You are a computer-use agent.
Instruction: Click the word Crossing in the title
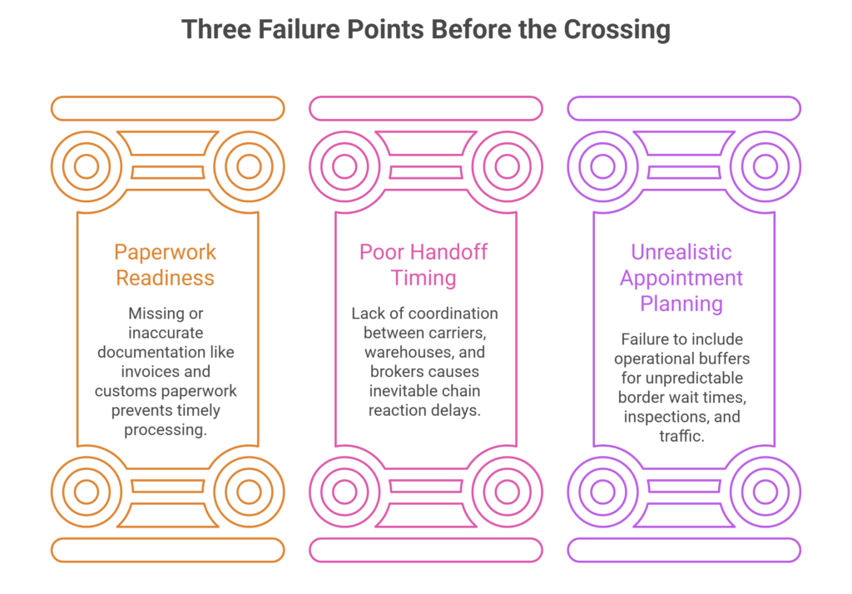(617, 30)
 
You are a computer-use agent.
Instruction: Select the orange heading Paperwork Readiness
(166, 265)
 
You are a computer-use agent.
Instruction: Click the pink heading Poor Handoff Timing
(424, 265)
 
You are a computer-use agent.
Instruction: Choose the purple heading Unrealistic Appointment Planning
(681, 278)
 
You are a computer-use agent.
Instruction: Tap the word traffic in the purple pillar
(681, 436)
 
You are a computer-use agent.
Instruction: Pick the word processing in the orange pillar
(166, 430)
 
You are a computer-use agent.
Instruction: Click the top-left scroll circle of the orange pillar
(87, 166)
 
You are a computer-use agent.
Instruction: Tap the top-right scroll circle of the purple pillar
(765, 166)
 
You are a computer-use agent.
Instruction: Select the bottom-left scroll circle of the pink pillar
(344, 492)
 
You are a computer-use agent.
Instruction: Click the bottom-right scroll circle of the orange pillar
(249, 492)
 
